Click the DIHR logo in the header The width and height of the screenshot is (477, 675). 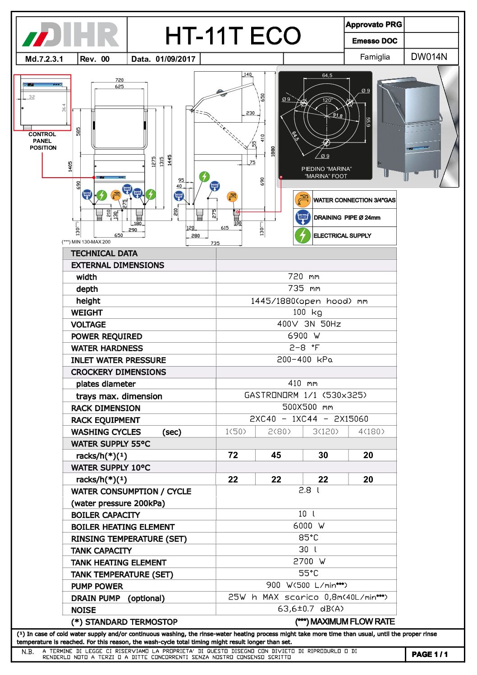tap(71, 35)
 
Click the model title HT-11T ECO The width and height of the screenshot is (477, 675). tap(233, 36)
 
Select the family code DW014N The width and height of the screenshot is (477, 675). tap(429, 57)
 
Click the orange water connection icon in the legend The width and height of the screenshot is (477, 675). tap(303, 199)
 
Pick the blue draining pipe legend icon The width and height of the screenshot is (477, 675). tap(303, 217)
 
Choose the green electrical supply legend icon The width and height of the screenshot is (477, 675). tap(303, 235)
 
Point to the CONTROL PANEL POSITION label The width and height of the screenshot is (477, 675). tap(42, 141)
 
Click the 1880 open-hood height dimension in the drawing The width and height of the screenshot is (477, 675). tap(273, 152)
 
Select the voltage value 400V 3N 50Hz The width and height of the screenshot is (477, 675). tap(309, 324)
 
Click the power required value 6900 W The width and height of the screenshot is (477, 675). tap(304, 336)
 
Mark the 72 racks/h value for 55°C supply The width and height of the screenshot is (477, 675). tap(233, 455)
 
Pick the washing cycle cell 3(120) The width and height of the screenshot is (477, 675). tap(325, 432)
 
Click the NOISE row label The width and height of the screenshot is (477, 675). tap(83, 610)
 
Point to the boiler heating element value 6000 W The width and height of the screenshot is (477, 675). tap(309, 526)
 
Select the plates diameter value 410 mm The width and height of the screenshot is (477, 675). tap(303, 383)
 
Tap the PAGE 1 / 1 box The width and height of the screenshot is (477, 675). tap(430, 654)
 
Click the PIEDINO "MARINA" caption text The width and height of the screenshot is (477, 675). tap(326, 169)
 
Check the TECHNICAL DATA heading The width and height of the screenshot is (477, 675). tap(104, 253)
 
